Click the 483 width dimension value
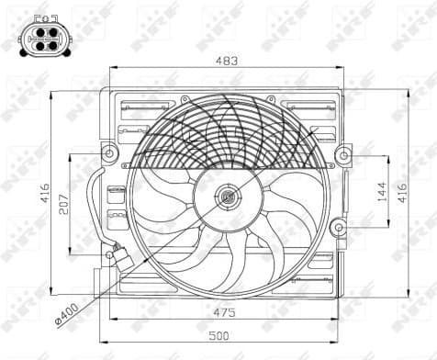[x=227, y=61]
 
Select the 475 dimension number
[x=227, y=312]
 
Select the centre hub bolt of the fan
[x=228, y=195]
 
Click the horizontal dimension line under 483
[x=227, y=70]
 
